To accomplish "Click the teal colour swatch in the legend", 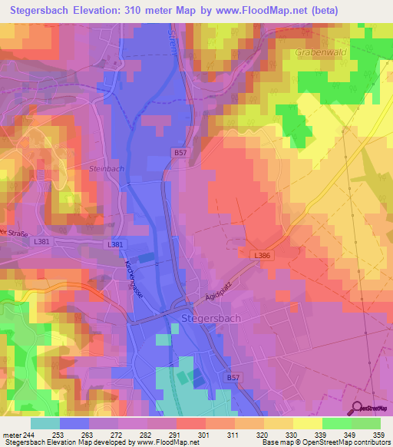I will (45, 422).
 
